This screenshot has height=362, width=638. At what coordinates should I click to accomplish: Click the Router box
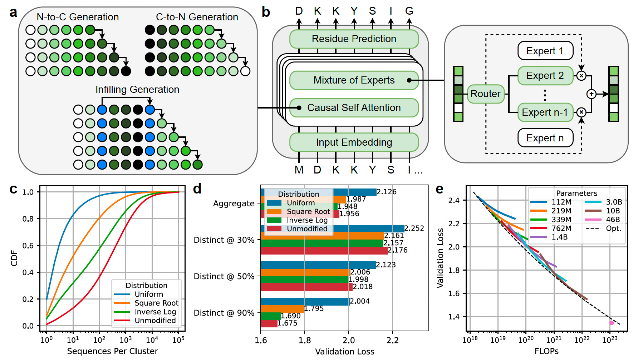tap(485, 94)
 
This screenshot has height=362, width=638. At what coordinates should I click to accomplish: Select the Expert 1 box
tap(545, 51)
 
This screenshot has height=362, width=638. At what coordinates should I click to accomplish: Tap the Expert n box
tap(545, 138)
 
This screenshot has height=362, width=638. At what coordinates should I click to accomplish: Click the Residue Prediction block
tap(354, 39)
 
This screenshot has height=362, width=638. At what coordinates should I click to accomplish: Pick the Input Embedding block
tap(354, 142)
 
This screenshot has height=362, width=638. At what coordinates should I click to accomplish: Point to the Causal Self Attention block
tap(354, 108)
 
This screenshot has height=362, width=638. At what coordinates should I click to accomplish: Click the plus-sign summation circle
tap(592, 94)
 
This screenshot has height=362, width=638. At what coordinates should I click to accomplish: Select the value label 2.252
tap(414, 228)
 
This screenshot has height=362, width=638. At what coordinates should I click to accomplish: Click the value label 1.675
tap(288, 323)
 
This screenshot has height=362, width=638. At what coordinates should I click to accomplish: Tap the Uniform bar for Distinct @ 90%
tap(305, 302)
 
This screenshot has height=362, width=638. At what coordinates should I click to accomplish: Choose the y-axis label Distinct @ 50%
tap(224, 276)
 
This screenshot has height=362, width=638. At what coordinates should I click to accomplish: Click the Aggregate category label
tap(234, 203)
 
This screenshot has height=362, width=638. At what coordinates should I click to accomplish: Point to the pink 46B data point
tap(612, 323)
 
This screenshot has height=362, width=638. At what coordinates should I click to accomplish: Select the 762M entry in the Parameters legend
tap(561, 228)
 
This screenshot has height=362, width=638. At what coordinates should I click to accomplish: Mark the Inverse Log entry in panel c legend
tap(155, 312)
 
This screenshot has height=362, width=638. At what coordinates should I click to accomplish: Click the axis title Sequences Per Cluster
tap(112, 351)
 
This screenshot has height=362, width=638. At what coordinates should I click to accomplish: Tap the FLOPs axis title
tap(546, 351)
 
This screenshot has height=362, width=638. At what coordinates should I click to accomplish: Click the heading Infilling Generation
tap(137, 90)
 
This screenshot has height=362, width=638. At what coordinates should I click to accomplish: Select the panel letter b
tap(266, 12)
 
